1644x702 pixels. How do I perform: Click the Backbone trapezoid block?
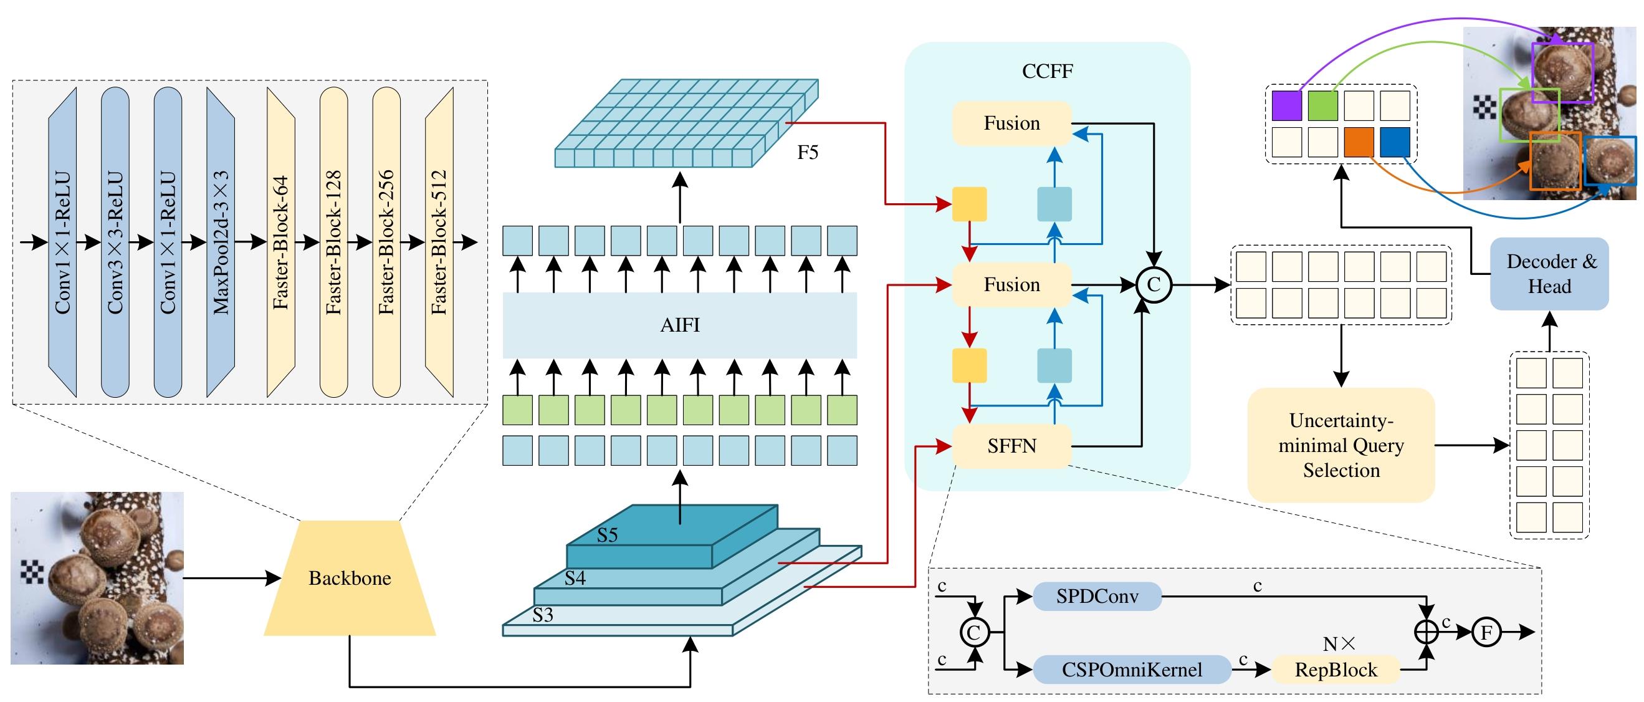[x=350, y=578]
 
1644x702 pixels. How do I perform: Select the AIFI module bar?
[x=680, y=325]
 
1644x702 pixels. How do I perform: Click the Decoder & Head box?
[x=1549, y=274]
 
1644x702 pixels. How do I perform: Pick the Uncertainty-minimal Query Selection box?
[x=1341, y=445]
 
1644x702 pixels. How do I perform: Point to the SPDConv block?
[x=1097, y=597]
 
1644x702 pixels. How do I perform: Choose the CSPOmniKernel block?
[x=1132, y=670]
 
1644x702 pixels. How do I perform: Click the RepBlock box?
[x=1336, y=670]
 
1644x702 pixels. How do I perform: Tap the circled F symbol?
[x=1486, y=632]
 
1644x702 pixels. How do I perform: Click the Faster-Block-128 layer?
[x=334, y=243]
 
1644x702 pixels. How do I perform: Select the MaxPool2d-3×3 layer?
[x=221, y=243]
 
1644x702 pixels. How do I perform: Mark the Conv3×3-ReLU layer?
[x=115, y=243]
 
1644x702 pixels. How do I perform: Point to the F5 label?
[x=807, y=153]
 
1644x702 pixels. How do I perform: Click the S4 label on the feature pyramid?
[x=575, y=578]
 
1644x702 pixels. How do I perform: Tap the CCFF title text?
[x=1047, y=71]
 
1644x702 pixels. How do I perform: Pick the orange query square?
[x=1359, y=142]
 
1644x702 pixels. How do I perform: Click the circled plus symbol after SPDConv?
[x=1427, y=632]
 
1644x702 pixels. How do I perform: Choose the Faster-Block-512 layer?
[x=439, y=243]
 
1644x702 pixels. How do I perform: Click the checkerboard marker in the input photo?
[x=32, y=572]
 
